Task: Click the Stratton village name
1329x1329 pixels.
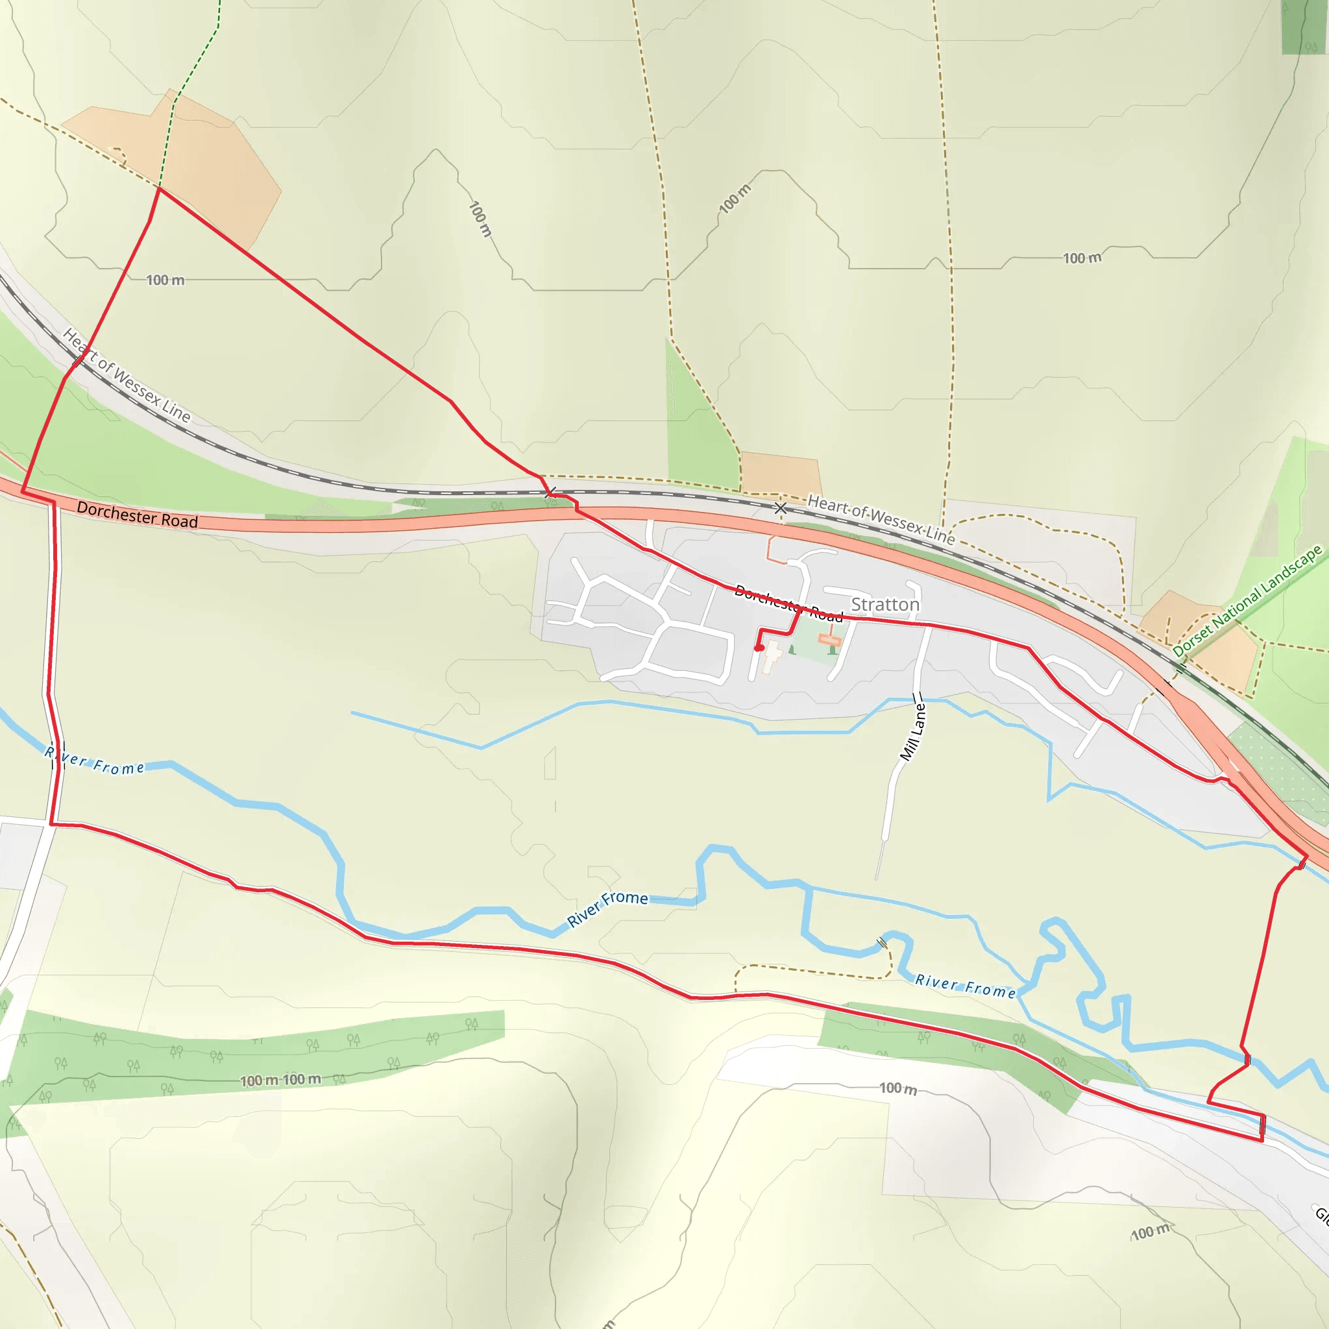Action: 884,605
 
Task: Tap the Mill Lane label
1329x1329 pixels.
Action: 914,732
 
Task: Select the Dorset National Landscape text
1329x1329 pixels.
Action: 1247,600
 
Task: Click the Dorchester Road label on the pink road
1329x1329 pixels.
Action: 137,515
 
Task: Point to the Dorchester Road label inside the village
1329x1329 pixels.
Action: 788,604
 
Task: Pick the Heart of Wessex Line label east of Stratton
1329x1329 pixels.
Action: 881,520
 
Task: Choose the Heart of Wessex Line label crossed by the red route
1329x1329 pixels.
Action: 127,376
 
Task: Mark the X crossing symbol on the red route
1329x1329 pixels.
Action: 550,493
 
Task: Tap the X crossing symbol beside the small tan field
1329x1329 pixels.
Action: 780,508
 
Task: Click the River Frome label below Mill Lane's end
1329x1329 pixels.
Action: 964,986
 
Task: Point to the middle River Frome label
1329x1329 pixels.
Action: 607,908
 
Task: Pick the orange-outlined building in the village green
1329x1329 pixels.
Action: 830,640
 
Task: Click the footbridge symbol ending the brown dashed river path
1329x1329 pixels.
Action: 882,942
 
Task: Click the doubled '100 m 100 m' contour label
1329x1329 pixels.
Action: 280,1080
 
